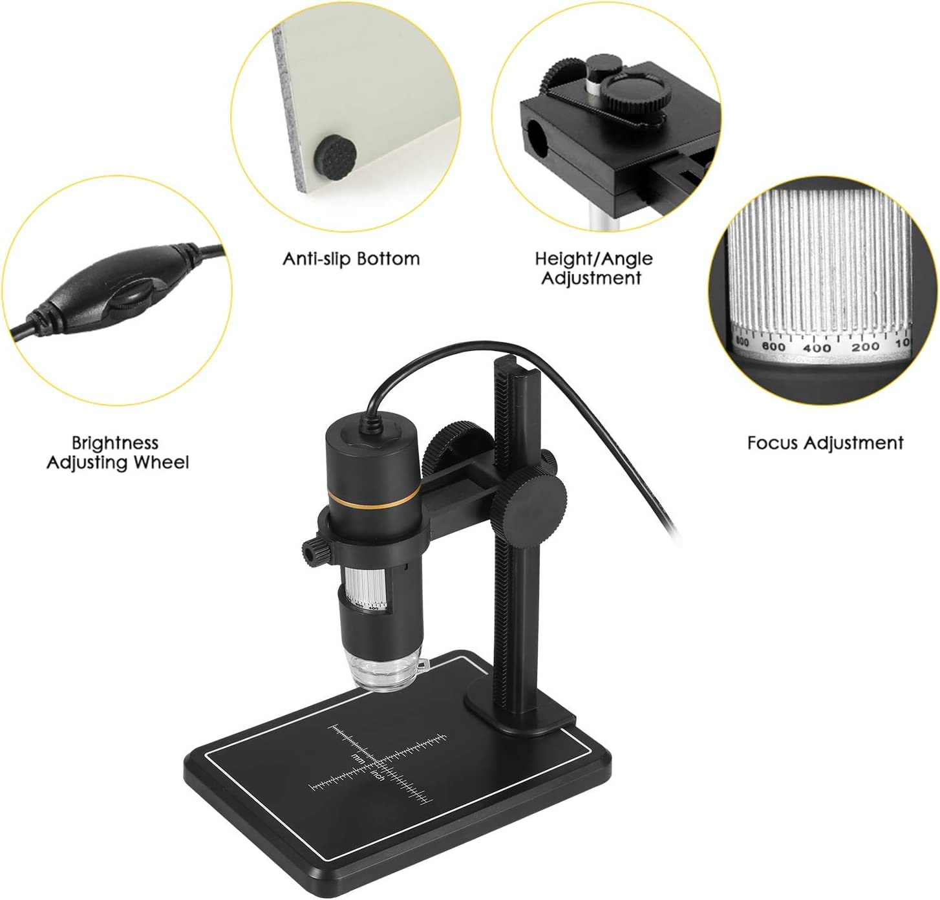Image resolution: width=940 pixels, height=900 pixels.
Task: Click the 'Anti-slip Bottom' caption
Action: click(351, 259)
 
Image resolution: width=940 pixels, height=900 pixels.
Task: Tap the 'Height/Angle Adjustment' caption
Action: click(593, 268)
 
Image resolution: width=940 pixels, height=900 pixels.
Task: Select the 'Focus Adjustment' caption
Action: click(825, 443)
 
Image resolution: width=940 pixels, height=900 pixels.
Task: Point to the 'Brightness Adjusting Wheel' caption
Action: click(117, 453)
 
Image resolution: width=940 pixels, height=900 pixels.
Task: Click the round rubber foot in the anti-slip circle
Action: click(332, 155)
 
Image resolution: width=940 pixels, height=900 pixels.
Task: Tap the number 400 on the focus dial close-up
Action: click(817, 347)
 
